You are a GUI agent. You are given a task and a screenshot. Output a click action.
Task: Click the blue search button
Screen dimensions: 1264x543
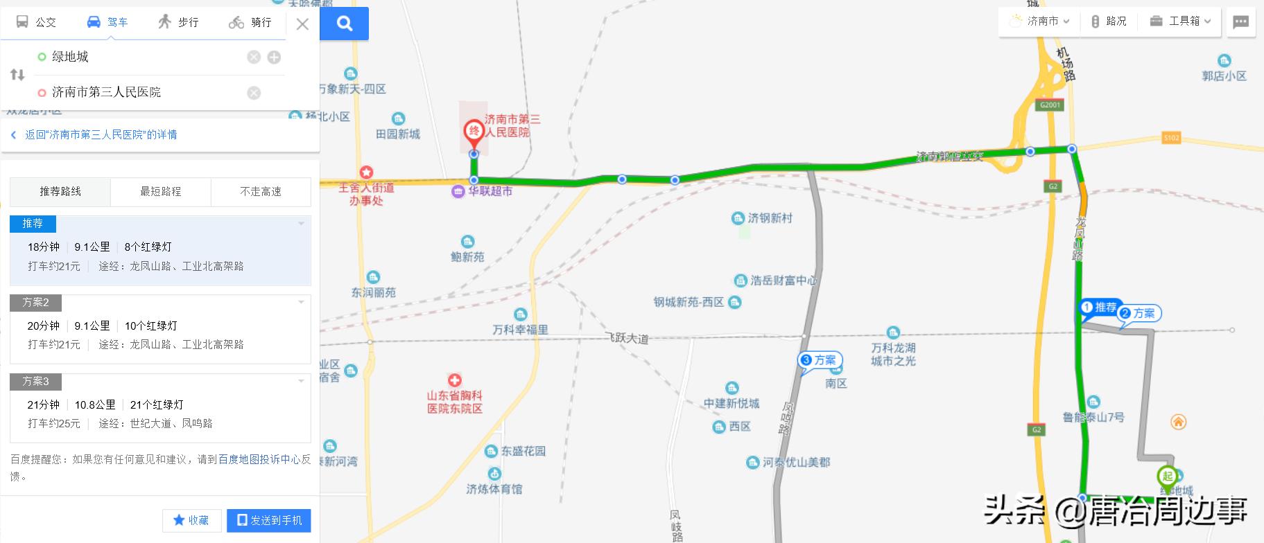coord(345,24)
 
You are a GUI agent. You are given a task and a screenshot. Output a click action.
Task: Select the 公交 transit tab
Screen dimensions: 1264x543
coord(36,22)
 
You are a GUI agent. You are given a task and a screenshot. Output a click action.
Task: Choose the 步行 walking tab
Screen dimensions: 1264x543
coord(178,22)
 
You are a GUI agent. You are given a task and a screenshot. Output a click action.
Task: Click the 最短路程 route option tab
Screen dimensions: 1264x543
coord(160,192)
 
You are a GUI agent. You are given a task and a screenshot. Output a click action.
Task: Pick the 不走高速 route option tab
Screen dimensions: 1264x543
coord(261,192)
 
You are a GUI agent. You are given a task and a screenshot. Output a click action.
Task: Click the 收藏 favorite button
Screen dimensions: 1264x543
coord(191,520)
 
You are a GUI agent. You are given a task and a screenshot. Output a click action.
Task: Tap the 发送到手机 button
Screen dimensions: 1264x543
coord(269,520)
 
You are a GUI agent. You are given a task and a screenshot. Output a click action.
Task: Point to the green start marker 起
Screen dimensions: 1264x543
coord(1167,477)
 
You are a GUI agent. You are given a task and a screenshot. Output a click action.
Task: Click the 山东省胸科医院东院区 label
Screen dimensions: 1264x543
coord(455,401)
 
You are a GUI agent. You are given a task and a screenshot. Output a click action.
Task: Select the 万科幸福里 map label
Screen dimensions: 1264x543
coord(520,330)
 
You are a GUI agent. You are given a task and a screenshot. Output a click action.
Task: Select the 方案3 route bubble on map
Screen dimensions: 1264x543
coord(820,360)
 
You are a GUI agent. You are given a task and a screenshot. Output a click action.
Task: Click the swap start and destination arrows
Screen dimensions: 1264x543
coord(17,75)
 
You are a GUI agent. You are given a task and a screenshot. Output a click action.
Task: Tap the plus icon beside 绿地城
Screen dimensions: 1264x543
coord(275,57)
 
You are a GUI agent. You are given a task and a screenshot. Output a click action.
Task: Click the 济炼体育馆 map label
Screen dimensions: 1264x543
coord(494,488)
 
